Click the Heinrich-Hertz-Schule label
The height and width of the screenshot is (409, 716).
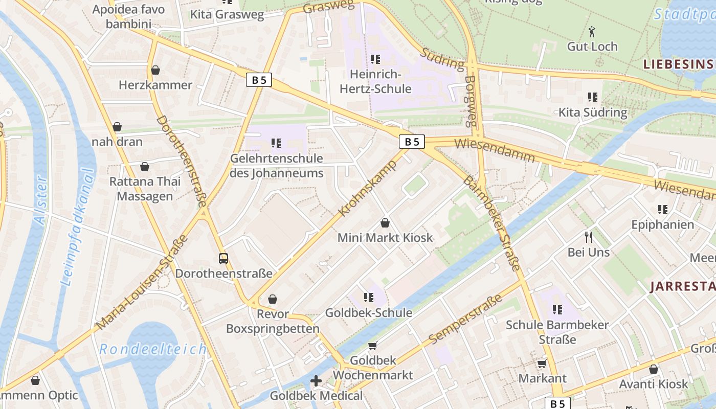(x=375, y=82)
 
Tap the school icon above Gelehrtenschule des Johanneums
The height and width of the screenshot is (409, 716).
(x=276, y=143)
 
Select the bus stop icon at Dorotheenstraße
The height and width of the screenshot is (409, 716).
(x=223, y=258)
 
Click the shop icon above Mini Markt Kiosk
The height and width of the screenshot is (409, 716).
(x=385, y=223)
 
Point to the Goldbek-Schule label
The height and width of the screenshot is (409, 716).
(x=368, y=312)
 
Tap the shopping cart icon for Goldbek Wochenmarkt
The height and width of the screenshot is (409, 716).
(x=373, y=346)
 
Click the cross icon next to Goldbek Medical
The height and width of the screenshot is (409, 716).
(x=316, y=380)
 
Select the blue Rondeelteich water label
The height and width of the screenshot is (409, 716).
(x=153, y=349)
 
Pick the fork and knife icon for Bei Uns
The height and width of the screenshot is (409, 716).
(x=589, y=237)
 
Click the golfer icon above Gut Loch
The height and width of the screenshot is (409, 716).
(x=592, y=32)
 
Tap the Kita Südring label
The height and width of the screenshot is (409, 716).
(x=592, y=112)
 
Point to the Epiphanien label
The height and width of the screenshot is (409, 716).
(x=662, y=225)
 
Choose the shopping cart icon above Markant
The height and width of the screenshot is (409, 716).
(x=542, y=363)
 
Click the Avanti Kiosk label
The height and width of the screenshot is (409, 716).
(x=654, y=384)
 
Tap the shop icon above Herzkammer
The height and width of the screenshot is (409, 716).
(x=155, y=70)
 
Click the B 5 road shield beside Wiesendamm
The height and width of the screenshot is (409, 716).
(x=412, y=142)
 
